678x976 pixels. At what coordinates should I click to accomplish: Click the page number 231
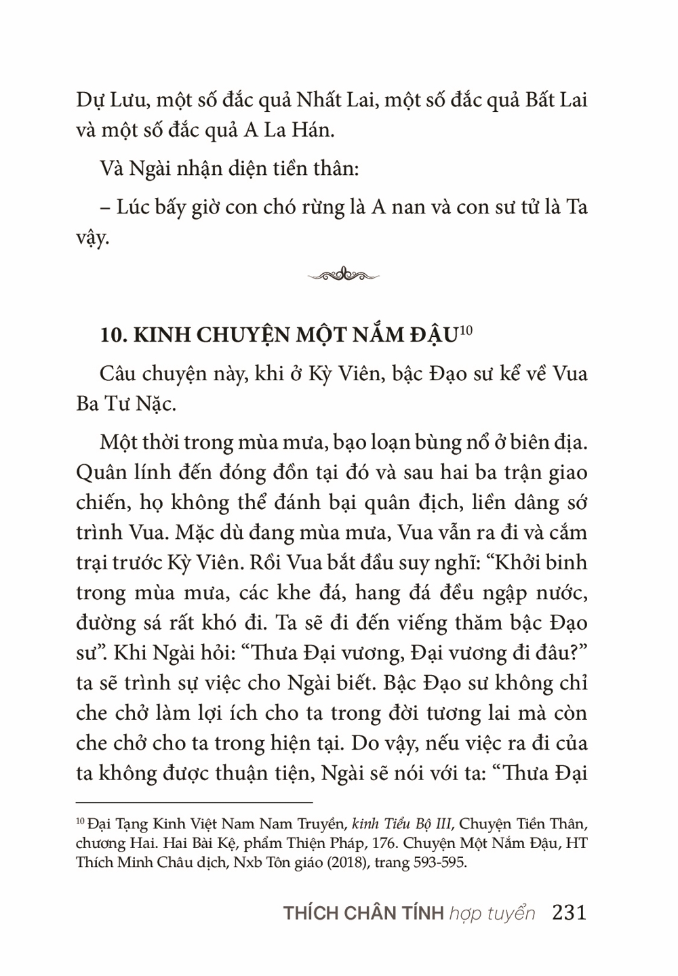tap(569, 912)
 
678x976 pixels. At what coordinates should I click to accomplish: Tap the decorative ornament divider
tap(343, 274)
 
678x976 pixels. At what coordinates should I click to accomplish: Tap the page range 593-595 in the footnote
tap(439, 865)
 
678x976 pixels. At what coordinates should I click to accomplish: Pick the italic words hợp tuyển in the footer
tap(492, 914)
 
